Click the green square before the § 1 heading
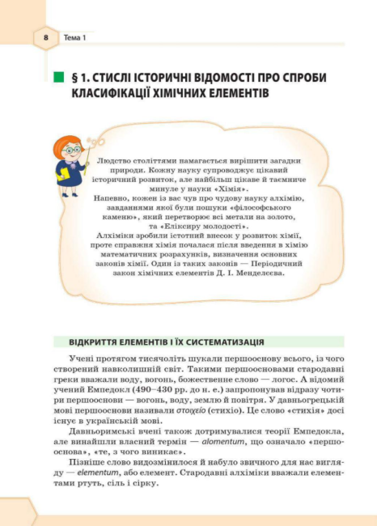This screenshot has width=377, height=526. (x=57, y=77)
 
